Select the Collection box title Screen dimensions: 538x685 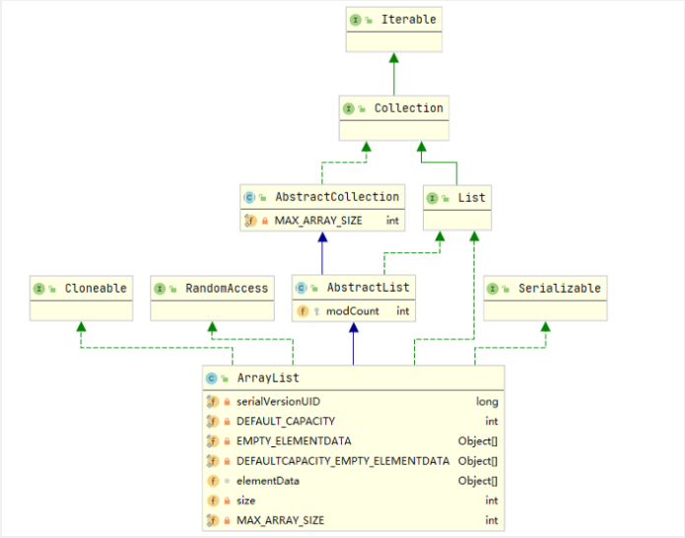point(408,107)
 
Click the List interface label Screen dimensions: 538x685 point(471,198)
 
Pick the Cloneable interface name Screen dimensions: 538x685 point(96,288)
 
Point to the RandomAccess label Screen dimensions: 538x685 point(227,288)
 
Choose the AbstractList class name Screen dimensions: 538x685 point(368,288)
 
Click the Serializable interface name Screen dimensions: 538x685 point(559,288)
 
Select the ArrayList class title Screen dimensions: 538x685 point(268,377)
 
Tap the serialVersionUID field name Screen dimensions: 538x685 point(278,401)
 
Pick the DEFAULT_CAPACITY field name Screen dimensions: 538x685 point(285,421)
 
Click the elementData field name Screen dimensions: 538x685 point(267,481)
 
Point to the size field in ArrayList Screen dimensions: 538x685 point(245,501)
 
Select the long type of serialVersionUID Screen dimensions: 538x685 point(487,401)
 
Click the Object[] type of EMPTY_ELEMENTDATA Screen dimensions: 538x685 point(478,440)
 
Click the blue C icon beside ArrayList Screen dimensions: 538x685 point(212,377)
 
